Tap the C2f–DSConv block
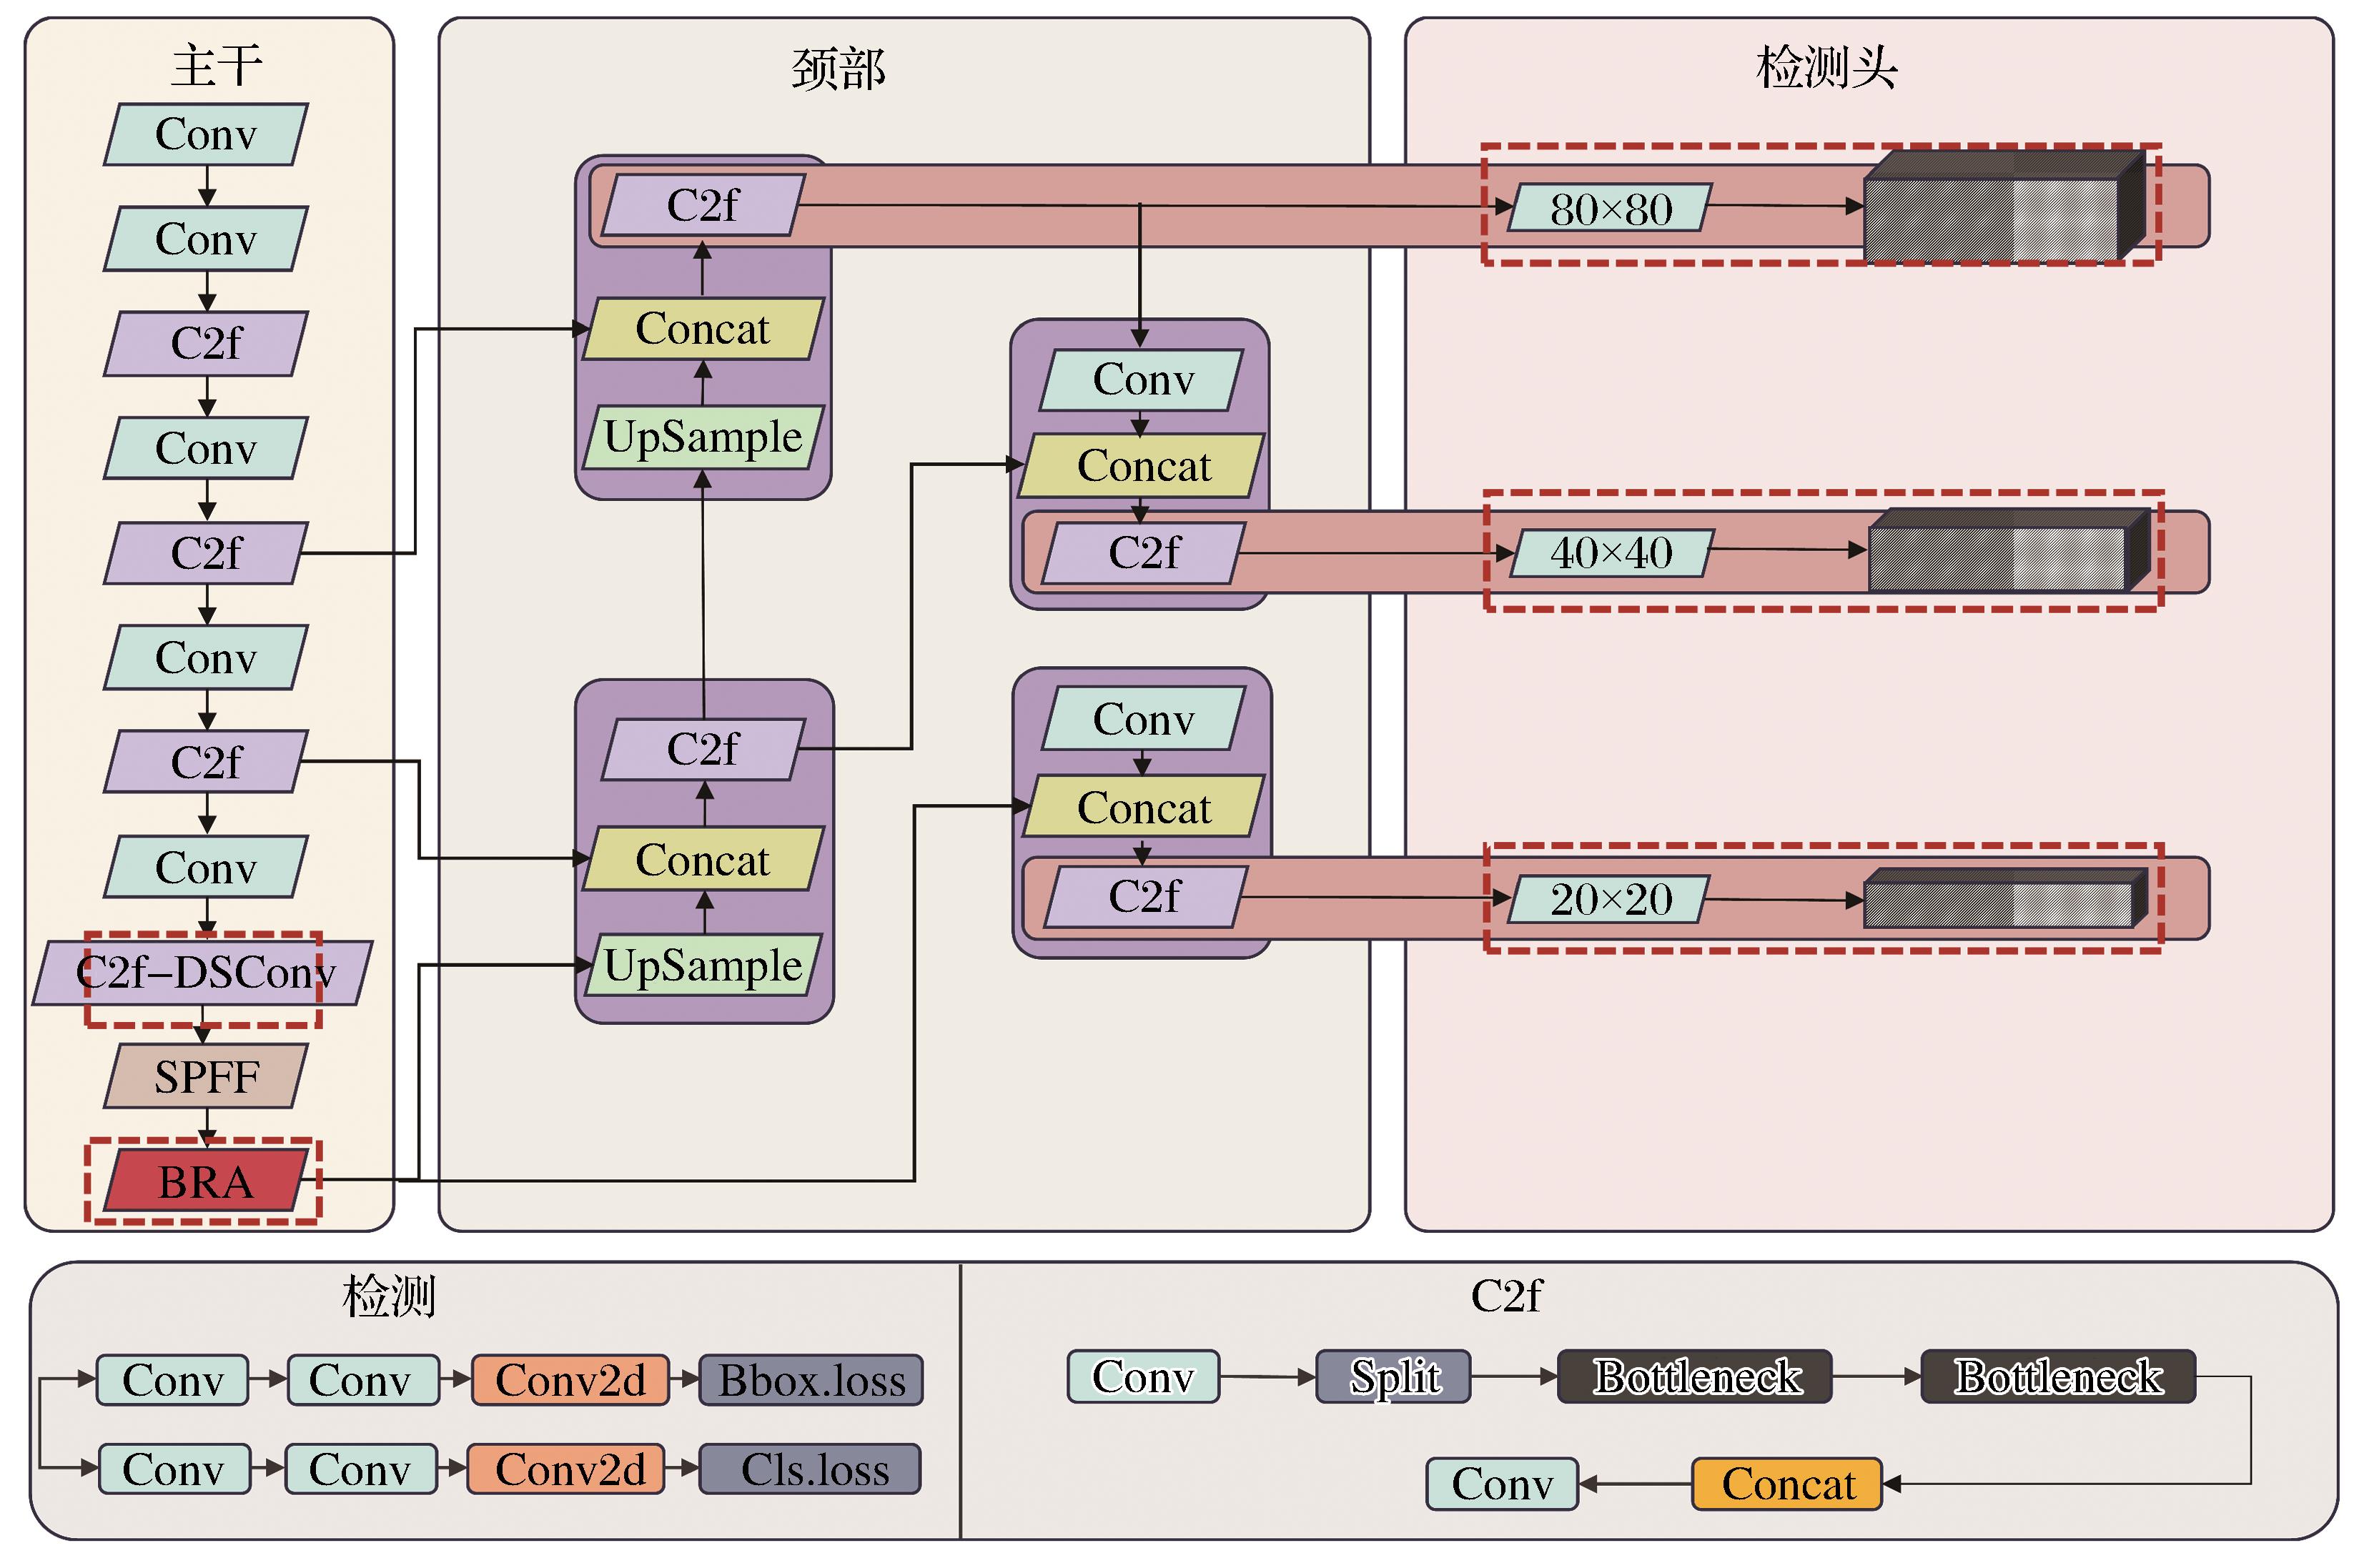[x=203, y=973]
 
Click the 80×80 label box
[x=1610, y=208]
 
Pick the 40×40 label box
[x=1611, y=552]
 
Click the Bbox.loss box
[x=811, y=1380]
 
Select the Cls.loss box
[x=811, y=1469]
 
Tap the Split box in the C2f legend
[x=1393, y=1376]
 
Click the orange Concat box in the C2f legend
[x=1786, y=1484]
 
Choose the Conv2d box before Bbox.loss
[x=570, y=1380]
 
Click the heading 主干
[x=217, y=66]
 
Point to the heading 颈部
[x=838, y=69]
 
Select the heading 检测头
[x=1826, y=68]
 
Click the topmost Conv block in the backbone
[x=206, y=134]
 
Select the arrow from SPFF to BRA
[x=206, y=1128]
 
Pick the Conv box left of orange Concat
[x=1501, y=1484]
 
